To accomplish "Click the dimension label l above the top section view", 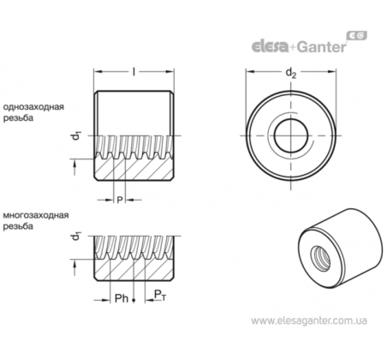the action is [134, 71].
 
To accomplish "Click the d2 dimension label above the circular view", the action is [291, 73].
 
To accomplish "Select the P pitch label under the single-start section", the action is [120, 200].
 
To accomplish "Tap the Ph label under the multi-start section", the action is [122, 298].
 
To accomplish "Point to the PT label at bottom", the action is [159, 295].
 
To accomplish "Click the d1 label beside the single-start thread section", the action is [76, 135].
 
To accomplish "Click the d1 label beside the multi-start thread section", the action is [76, 236].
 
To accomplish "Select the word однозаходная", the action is [33, 107].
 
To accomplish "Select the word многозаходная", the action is [36, 215].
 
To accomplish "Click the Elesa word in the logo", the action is [270, 46].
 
